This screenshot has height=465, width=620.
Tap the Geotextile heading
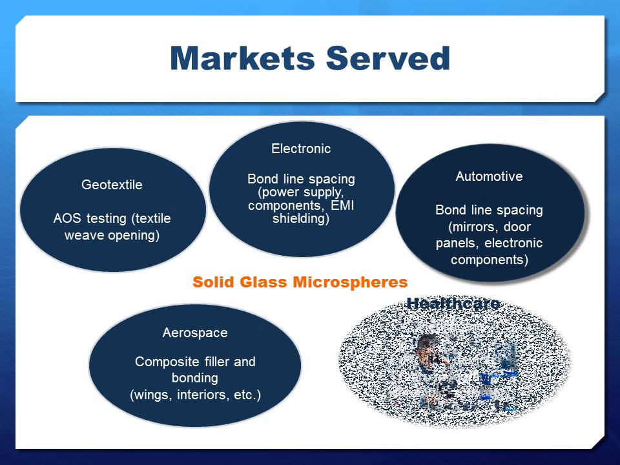(112, 185)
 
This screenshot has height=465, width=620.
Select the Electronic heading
(301, 149)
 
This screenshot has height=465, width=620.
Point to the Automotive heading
(489, 176)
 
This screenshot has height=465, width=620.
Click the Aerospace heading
(195, 333)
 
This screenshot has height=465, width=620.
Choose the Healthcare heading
(453, 303)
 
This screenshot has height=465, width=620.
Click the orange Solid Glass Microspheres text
(300, 282)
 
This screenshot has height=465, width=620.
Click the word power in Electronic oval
(277, 192)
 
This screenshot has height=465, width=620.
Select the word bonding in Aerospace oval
(195, 378)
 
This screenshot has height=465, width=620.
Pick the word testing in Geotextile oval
(103, 218)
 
